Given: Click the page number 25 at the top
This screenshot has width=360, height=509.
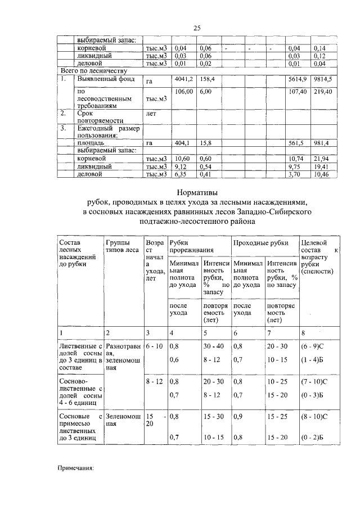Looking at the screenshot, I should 197,28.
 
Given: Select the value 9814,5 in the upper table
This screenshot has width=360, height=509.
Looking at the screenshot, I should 323,79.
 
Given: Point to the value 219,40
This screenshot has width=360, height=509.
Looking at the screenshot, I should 323,91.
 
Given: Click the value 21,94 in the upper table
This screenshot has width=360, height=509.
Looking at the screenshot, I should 323,159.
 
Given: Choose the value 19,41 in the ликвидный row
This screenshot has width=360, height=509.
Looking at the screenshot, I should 323,167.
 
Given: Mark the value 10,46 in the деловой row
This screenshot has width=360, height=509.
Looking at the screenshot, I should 323,175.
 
